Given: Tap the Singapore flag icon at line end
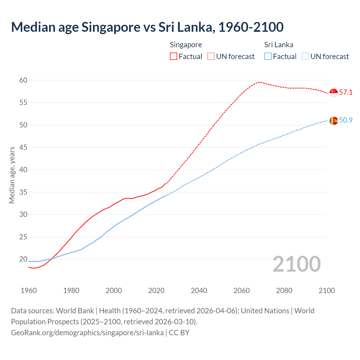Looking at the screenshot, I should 334,93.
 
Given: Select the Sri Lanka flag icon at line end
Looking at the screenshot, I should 334,121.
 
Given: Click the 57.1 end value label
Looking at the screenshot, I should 346,93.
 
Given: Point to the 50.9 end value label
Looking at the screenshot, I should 346,120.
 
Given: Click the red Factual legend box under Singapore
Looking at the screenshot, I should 174,57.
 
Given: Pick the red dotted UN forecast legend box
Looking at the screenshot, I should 211,57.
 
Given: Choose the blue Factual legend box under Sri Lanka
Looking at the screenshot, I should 268,57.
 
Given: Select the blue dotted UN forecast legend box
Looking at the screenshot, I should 305,57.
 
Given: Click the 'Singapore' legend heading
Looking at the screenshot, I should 186,45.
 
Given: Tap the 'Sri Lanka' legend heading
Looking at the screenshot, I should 278,45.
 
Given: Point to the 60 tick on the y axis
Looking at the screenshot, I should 23,80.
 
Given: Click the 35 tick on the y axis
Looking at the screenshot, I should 23,192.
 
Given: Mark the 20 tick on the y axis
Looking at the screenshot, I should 23,259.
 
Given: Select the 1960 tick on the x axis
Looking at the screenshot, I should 29,291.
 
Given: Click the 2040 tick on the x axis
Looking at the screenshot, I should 199,291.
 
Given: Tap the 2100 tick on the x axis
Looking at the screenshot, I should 327,291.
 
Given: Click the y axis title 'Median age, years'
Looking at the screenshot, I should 12,175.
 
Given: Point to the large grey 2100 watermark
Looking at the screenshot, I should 296,264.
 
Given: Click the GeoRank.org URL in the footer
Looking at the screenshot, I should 87,333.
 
